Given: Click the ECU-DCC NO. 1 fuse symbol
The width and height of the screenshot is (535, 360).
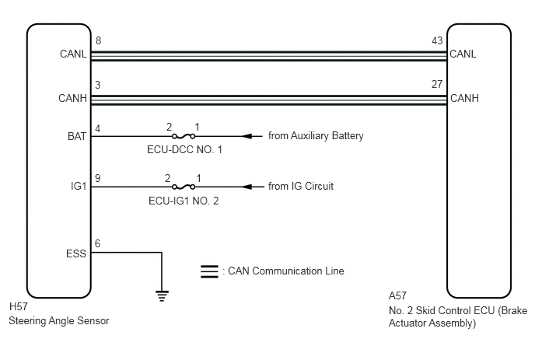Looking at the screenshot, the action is tap(184, 137).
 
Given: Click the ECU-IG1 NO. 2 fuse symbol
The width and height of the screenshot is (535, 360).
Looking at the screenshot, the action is tap(184, 187).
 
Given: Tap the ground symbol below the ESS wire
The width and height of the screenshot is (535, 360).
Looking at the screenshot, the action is tap(162, 295).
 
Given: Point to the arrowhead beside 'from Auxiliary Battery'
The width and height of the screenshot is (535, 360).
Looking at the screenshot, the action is tap(247, 137).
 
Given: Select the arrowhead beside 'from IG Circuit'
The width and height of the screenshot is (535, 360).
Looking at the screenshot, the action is tap(247, 187).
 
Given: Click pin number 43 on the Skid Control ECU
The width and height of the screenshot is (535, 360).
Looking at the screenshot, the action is tap(437, 40).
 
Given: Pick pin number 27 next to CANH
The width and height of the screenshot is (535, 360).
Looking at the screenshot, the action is tap(437, 84).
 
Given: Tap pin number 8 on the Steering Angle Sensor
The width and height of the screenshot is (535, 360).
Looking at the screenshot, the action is tap(98, 40).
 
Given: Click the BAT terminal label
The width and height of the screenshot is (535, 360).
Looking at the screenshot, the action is tap(77, 137).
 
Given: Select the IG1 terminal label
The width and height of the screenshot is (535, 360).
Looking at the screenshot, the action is tap(79, 187).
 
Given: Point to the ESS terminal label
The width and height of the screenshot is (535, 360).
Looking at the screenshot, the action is tap(76, 254).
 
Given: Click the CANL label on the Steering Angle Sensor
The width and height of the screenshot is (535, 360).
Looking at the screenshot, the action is tap(73, 54).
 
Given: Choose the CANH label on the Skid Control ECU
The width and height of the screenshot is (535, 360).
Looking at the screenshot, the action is tap(464, 98).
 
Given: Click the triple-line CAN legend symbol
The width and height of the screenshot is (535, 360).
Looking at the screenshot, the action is tap(209, 271).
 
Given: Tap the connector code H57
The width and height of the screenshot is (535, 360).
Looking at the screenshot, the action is tap(19, 307).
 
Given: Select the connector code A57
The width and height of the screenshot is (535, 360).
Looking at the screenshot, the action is tap(397, 295).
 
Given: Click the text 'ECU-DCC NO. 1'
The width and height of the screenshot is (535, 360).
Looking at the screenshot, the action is tap(184, 150).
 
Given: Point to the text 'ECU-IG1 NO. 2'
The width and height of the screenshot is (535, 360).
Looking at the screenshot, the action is tap(184, 201).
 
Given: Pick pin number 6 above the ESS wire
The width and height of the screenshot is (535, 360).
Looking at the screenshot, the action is tap(97, 243).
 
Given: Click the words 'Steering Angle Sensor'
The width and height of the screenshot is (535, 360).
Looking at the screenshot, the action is tap(58, 321).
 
